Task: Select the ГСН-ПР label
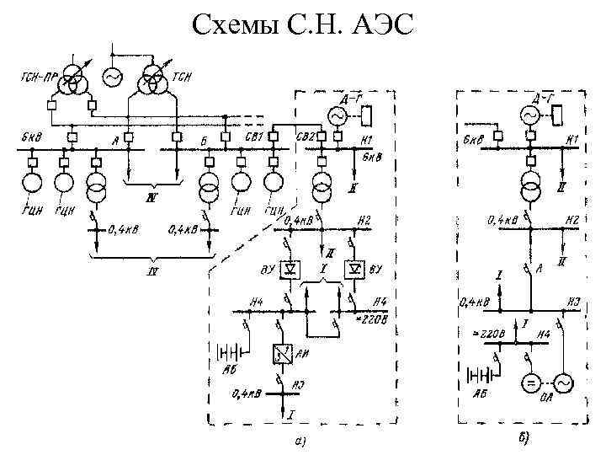click(x=40, y=78)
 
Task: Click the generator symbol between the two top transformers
click(x=112, y=77)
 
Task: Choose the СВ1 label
click(x=255, y=136)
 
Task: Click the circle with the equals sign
click(x=530, y=384)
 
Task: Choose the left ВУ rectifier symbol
click(x=291, y=268)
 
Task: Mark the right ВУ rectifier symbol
click(x=355, y=268)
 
